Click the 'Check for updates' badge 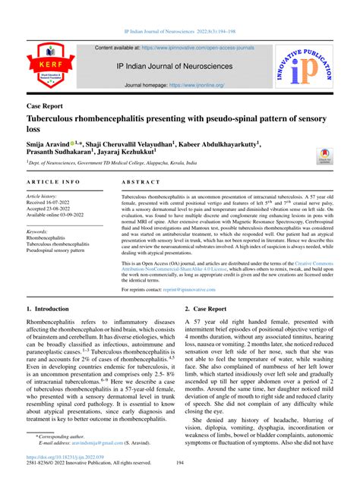(325, 156)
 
